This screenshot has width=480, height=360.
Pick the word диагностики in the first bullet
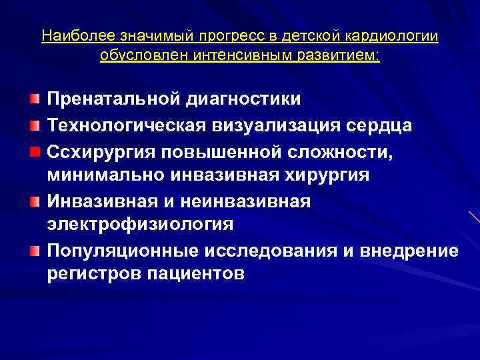pyautogui.click(x=249, y=99)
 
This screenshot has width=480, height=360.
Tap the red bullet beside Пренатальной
pyautogui.click(x=35, y=99)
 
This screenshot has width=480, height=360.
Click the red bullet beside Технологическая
pyautogui.click(x=35, y=125)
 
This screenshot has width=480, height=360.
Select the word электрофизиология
pyautogui.click(x=141, y=225)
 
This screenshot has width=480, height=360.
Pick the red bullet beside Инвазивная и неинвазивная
pyautogui.click(x=35, y=199)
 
